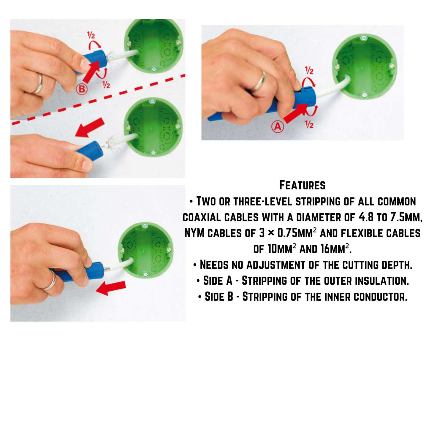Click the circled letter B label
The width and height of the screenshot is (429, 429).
82,89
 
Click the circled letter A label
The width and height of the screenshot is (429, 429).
278,127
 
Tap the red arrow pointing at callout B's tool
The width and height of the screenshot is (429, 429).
91,71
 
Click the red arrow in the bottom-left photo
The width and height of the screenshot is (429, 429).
111,288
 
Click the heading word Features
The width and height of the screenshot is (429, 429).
302,185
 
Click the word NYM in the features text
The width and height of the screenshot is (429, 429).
194,233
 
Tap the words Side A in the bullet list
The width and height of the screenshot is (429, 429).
218,281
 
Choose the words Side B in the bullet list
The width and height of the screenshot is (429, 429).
219,297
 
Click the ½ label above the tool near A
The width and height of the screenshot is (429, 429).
309,70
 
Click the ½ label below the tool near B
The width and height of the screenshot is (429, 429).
106,85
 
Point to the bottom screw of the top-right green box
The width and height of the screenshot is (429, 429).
364,95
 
